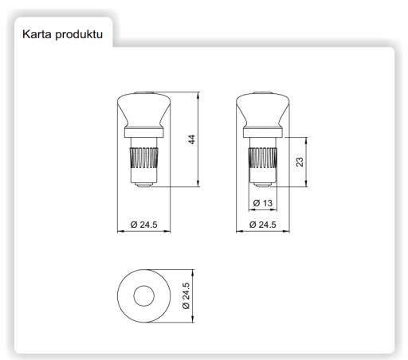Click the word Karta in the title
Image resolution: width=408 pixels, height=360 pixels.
(x=37, y=34)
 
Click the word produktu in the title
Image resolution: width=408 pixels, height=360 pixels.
(x=79, y=35)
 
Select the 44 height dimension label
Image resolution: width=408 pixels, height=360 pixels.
(x=191, y=139)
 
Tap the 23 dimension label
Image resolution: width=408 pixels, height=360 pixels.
(x=300, y=162)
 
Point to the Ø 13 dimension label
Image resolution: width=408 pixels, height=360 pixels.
(x=263, y=203)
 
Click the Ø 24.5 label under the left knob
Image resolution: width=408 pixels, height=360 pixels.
(x=143, y=225)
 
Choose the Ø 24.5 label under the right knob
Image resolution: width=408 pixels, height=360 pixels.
(x=263, y=225)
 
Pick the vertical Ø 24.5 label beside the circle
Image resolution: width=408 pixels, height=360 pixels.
(x=186, y=295)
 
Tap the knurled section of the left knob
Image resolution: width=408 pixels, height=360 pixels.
(x=143, y=158)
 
